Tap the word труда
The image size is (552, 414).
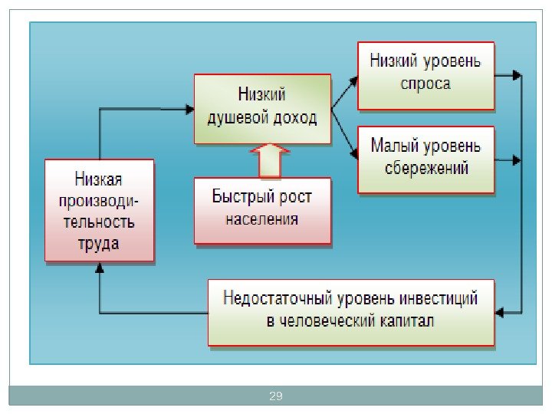point(99,244)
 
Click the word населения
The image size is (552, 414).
point(261,219)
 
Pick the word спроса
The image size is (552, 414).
point(426,83)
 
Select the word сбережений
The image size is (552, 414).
point(426,167)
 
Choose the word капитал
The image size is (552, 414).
point(406,320)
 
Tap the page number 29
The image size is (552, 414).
point(276,396)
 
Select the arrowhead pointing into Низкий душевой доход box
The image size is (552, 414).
point(189,109)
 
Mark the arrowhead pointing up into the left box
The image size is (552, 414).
point(100,268)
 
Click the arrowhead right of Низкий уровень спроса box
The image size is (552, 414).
point(517,75)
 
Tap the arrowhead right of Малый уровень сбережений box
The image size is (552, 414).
point(517,160)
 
